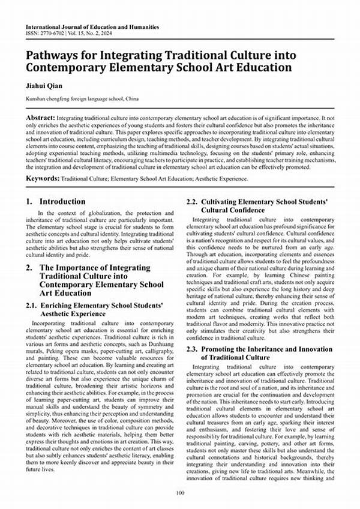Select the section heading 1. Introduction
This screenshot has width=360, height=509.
point(55,202)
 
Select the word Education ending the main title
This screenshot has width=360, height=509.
point(259,67)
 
